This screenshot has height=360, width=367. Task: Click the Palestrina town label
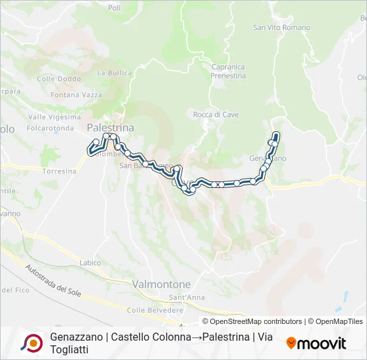pos(110,127)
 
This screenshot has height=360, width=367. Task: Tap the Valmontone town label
pos(162,284)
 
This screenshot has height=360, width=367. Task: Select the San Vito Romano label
pos(282,27)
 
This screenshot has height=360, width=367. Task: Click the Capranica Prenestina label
pos(228,71)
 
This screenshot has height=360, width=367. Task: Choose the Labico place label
pos(90,263)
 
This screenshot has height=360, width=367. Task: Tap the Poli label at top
pos(114,8)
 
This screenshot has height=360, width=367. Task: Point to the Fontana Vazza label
pos(75,95)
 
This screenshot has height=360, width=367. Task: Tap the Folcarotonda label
pos(51,127)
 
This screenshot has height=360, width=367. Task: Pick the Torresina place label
pos(59,171)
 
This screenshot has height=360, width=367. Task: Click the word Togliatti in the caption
pos(69,349)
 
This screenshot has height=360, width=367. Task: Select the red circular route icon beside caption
pos(31,343)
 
